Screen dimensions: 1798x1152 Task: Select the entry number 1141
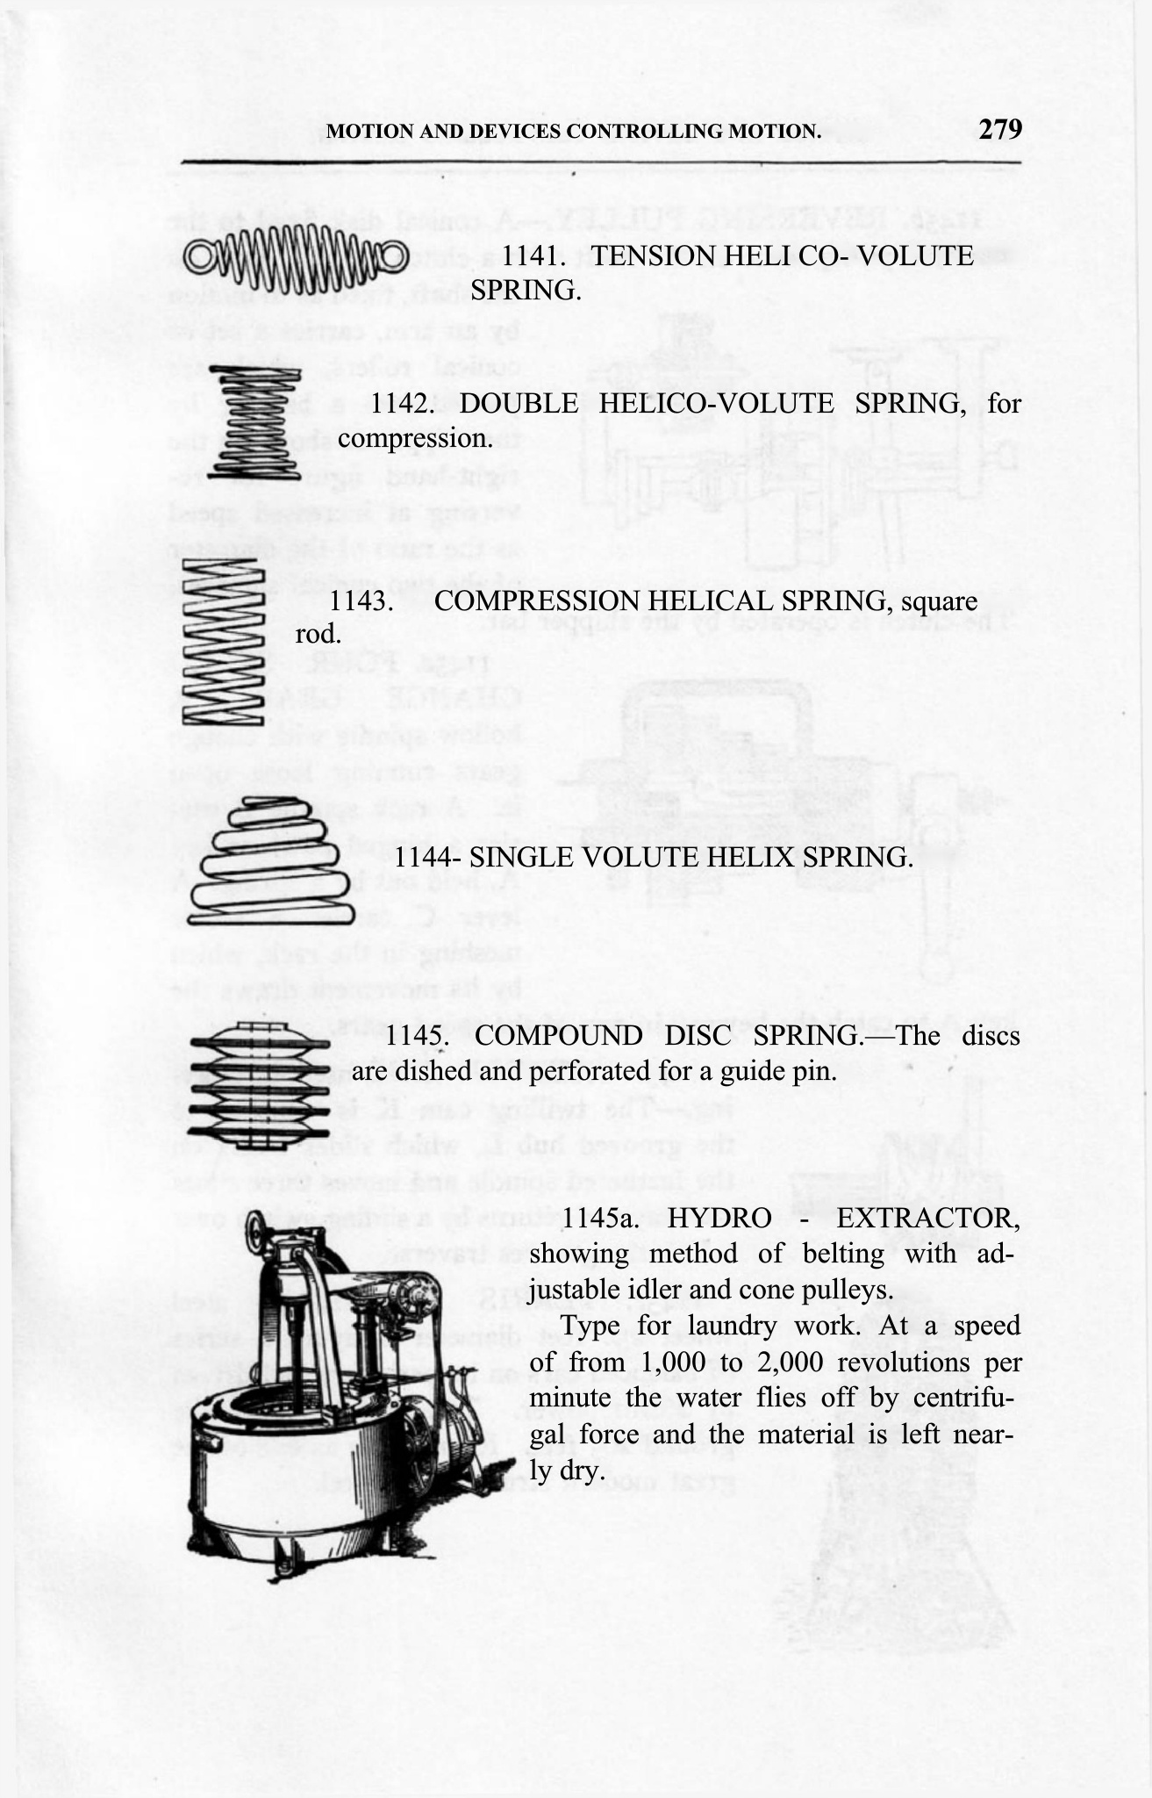(x=531, y=256)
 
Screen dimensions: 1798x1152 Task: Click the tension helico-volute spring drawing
(x=295, y=255)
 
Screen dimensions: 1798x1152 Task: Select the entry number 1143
(x=360, y=602)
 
